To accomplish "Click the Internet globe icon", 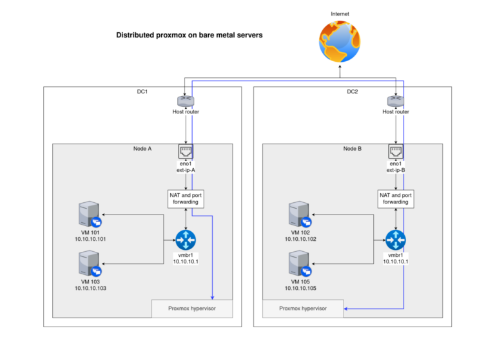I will (340, 41).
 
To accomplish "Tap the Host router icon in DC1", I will (186, 100).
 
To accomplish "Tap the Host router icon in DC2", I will (396, 100).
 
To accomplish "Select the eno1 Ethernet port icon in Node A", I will (186, 151).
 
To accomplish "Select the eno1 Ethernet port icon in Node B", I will (396, 151).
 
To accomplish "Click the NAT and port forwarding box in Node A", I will (186, 198).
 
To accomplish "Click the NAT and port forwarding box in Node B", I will (396, 198).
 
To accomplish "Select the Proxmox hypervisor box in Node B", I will (303, 308).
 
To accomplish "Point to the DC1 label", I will (142, 92).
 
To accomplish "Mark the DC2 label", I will (353, 92).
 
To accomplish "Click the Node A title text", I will (142, 149).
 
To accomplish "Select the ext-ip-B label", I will (396, 171).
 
